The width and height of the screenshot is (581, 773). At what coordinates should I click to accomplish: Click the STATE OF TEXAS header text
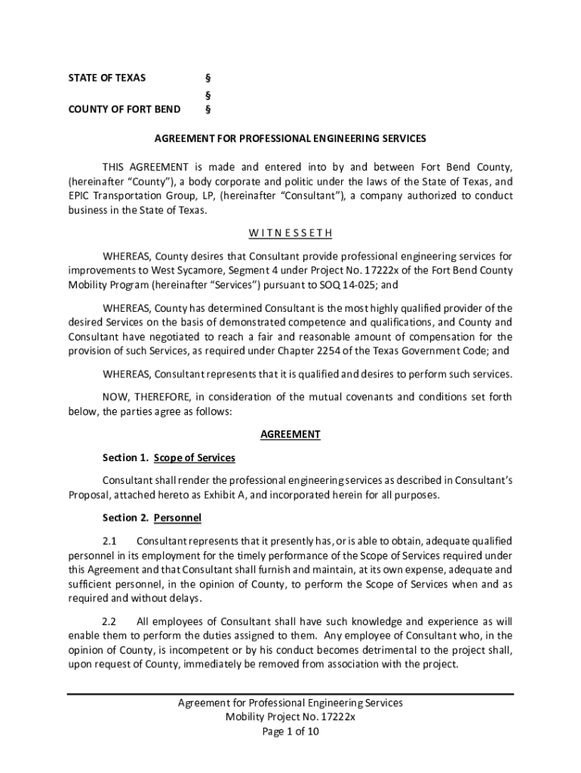[x=107, y=78]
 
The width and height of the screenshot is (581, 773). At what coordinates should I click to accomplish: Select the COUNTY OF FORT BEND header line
[x=124, y=109]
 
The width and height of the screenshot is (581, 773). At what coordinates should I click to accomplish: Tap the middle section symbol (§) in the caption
[x=208, y=95]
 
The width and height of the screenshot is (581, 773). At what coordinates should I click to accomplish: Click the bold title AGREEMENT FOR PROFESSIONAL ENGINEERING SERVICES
[x=290, y=139]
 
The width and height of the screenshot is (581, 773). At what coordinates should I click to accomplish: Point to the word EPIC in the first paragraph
[x=81, y=196]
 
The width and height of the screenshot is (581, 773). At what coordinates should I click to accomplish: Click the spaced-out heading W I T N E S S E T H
[x=290, y=233]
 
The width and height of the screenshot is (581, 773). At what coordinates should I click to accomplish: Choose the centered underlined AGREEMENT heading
[x=290, y=434]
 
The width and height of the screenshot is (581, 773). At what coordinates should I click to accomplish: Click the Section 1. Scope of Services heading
[x=169, y=457]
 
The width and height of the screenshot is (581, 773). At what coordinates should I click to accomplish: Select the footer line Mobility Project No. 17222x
[x=290, y=717]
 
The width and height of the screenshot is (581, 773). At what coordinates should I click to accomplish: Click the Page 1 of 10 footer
[x=290, y=731]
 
